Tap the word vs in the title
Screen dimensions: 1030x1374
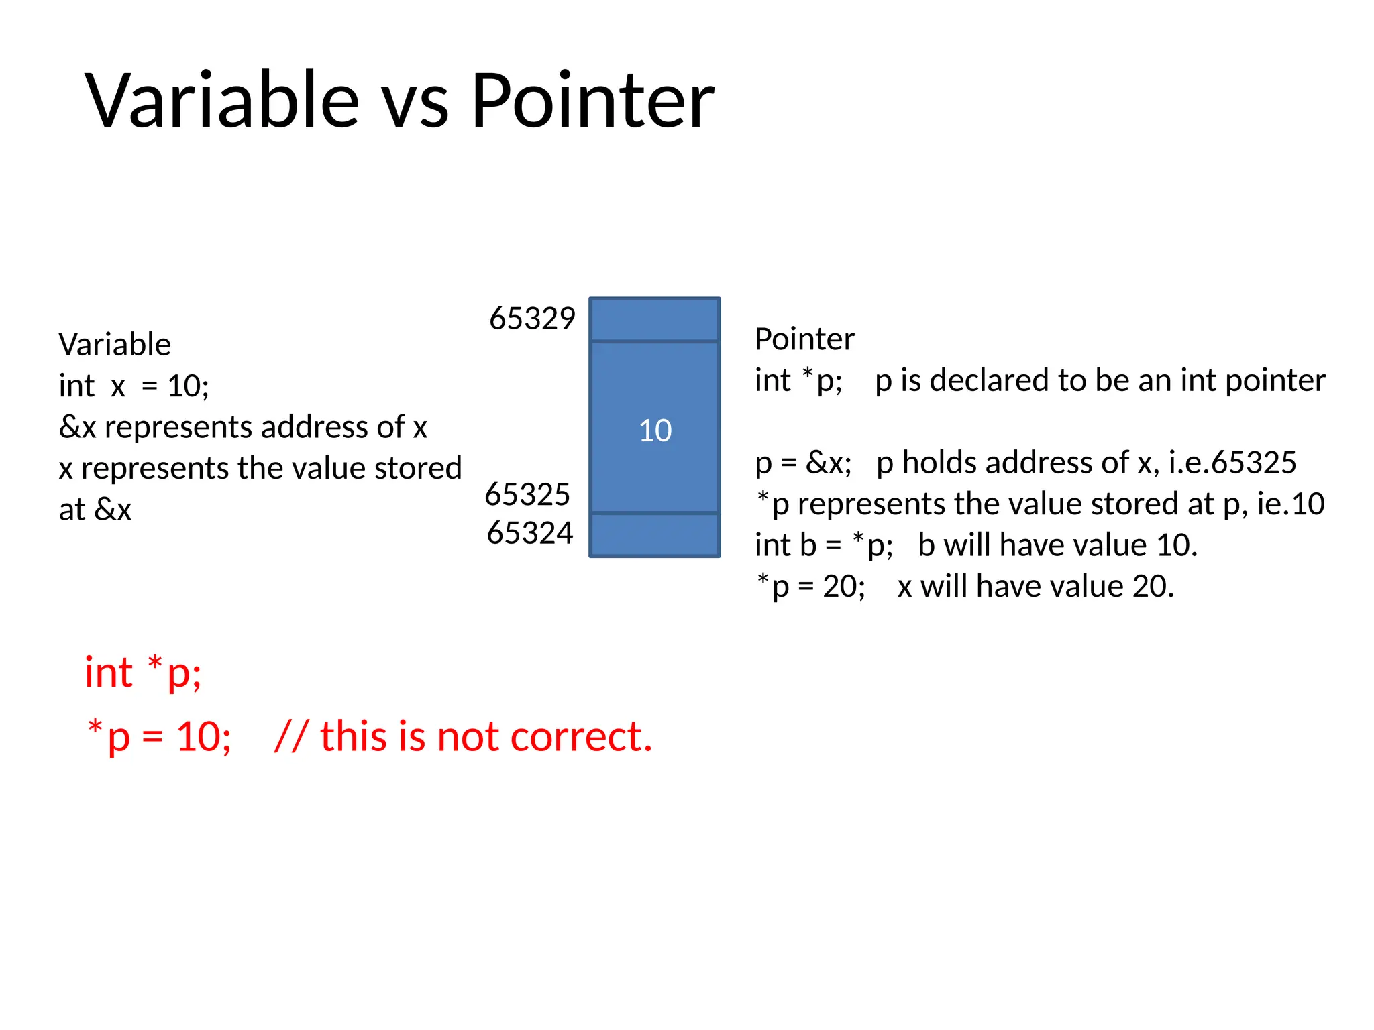click(x=415, y=107)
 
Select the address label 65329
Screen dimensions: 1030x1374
click(x=532, y=319)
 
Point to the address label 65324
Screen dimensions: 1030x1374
click(x=529, y=533)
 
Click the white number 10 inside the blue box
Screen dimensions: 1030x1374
click(x=655, y=431)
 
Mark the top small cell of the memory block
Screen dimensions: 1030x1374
click(x=655, y=320)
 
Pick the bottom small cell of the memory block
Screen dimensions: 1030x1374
click(x=655, y=535)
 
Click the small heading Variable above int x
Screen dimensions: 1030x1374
click(x=115, y=345)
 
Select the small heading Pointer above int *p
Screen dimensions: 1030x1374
click(x=804, y=339)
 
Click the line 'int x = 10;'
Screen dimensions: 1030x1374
click(x=134, y=386)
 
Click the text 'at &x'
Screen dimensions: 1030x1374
click(x=95, y=510)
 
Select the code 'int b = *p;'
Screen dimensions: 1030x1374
click(x=824, y=545)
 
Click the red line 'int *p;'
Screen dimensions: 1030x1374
click(x=143, y=672)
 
